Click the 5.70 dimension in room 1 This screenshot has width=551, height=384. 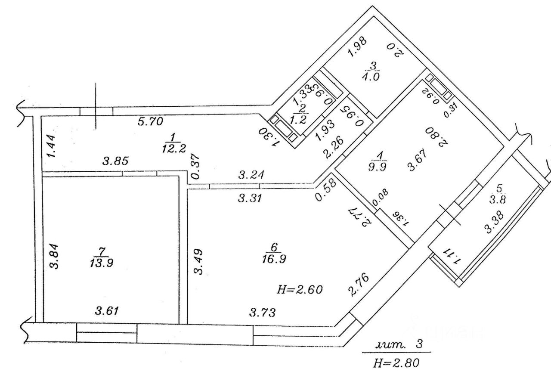coord(150,122)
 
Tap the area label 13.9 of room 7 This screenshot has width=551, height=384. coord(102,263)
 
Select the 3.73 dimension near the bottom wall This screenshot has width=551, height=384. coord(263,312)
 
